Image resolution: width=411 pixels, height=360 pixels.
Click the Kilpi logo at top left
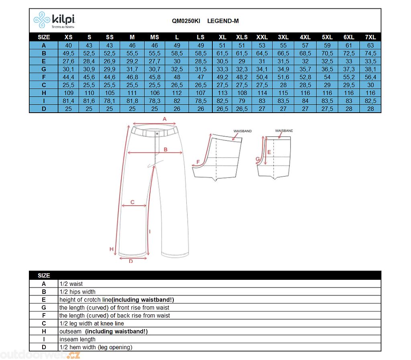tap(54, 20)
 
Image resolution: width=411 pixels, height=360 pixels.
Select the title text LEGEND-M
tap(223, 21)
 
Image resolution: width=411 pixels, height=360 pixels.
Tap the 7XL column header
tap(370, 37)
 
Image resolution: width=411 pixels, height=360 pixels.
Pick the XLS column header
tap(242, 37)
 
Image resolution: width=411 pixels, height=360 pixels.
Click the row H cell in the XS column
tap(69, 93)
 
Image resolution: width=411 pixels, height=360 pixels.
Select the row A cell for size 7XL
tap(370, 45)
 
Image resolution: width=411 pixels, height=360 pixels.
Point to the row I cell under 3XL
tap(283, 101)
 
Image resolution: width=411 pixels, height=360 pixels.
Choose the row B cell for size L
tap(177, 53)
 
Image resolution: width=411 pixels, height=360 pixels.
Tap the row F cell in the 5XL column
tap(327, 77)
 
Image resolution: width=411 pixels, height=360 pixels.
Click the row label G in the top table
tap(44, 69)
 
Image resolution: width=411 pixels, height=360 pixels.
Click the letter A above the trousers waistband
tap(164, 119)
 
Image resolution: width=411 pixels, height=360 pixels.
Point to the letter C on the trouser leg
tap(133, 202)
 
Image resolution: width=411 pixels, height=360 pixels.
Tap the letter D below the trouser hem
tap(131, 261)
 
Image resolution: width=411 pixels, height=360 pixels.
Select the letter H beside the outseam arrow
tap(112, 249)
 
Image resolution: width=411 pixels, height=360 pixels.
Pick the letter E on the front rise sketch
tap(269, 152)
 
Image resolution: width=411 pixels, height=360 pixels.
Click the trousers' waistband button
tap(157, 133)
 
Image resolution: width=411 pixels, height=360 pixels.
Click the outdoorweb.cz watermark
tap(40, 355)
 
